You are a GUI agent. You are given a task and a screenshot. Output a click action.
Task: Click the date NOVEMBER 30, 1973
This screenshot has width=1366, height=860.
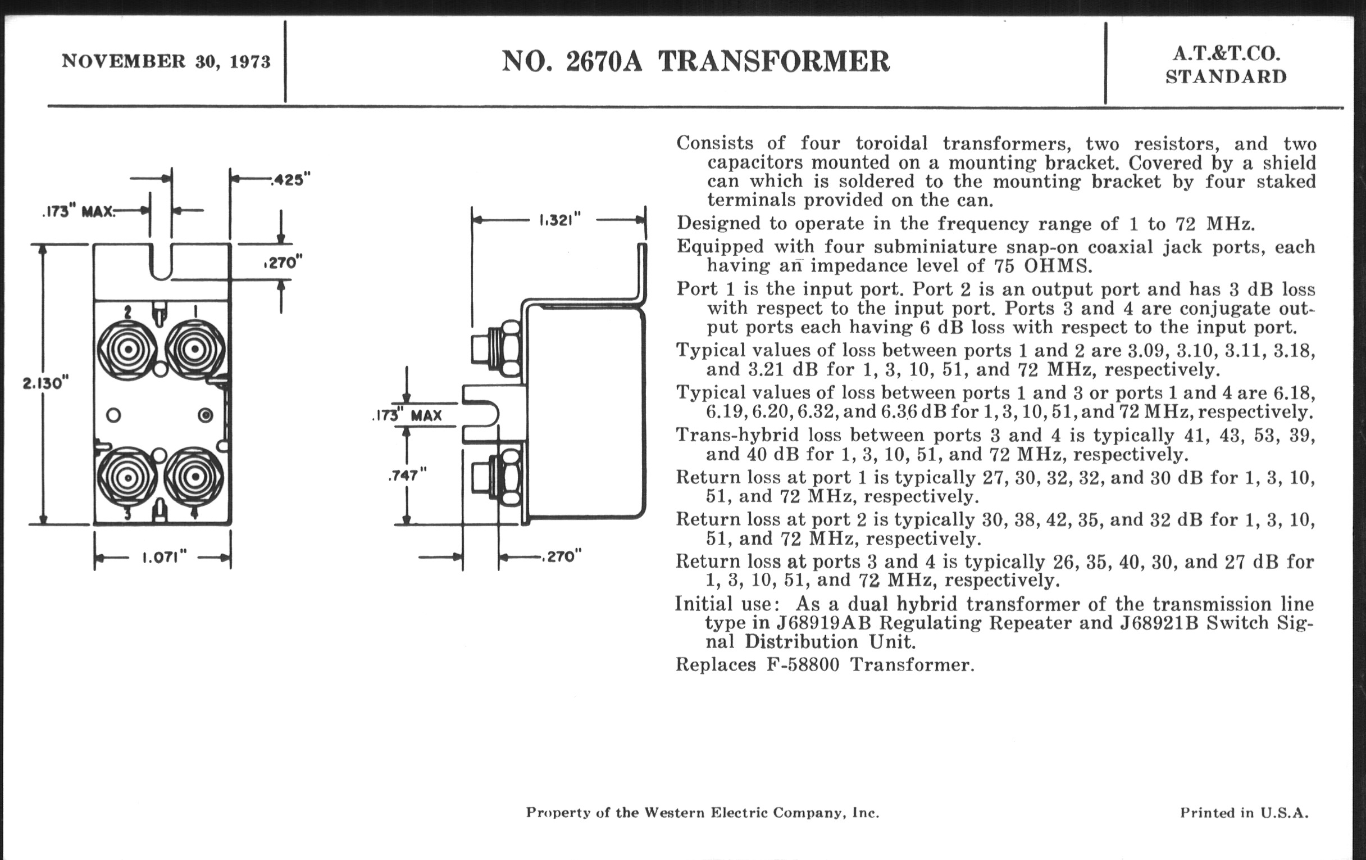tap(166, 61)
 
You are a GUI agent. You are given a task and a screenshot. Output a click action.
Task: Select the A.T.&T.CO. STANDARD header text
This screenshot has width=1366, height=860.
tap(1226, 65)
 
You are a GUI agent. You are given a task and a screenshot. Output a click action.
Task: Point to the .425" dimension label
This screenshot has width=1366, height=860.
tap(290, 180)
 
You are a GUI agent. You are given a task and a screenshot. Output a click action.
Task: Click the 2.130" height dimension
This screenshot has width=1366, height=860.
tap(45, 384)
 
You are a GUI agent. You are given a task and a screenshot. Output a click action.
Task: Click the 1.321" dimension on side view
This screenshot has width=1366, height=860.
tap(561, 220)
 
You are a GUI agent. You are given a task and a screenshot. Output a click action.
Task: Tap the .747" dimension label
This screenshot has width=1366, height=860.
tap(407, 476)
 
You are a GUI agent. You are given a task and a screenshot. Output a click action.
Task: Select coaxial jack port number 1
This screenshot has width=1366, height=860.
tap(194, 349)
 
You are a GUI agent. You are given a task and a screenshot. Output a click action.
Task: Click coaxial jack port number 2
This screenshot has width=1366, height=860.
tap(128, 349)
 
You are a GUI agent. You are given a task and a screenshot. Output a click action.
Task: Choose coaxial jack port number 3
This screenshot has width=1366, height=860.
tap(128, 477)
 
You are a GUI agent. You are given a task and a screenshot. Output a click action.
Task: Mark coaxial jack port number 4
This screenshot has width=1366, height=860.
tap(194, 477)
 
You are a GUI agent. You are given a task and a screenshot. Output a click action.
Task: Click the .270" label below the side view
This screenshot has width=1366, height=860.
tap(562, 556)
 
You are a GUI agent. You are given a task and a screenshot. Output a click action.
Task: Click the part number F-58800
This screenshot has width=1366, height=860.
tap(803, 664)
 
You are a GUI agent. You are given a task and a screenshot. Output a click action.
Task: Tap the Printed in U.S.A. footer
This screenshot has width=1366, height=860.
tap(1244, 813)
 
